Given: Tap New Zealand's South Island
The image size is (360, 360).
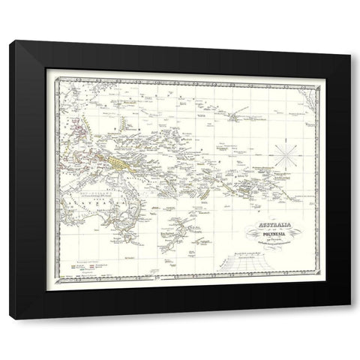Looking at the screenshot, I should click(x=163, y=244).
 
